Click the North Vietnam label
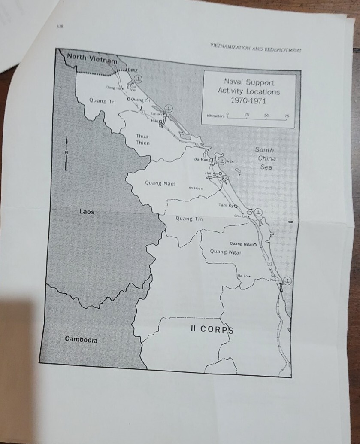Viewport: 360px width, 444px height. [x=92, y=60]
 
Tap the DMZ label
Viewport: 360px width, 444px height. [x=133, y=70]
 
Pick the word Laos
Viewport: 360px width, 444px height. [x=87, y=212]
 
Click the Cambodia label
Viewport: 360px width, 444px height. [x=81, y=340]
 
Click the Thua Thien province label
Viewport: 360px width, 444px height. [x=142, y=139]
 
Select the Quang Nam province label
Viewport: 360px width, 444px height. [x=160, y=183]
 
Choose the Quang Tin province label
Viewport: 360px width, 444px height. [x=189, y=219]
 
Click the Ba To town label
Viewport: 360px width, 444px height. [x=243, y=276]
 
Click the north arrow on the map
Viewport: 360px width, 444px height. [x=66, y=152]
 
